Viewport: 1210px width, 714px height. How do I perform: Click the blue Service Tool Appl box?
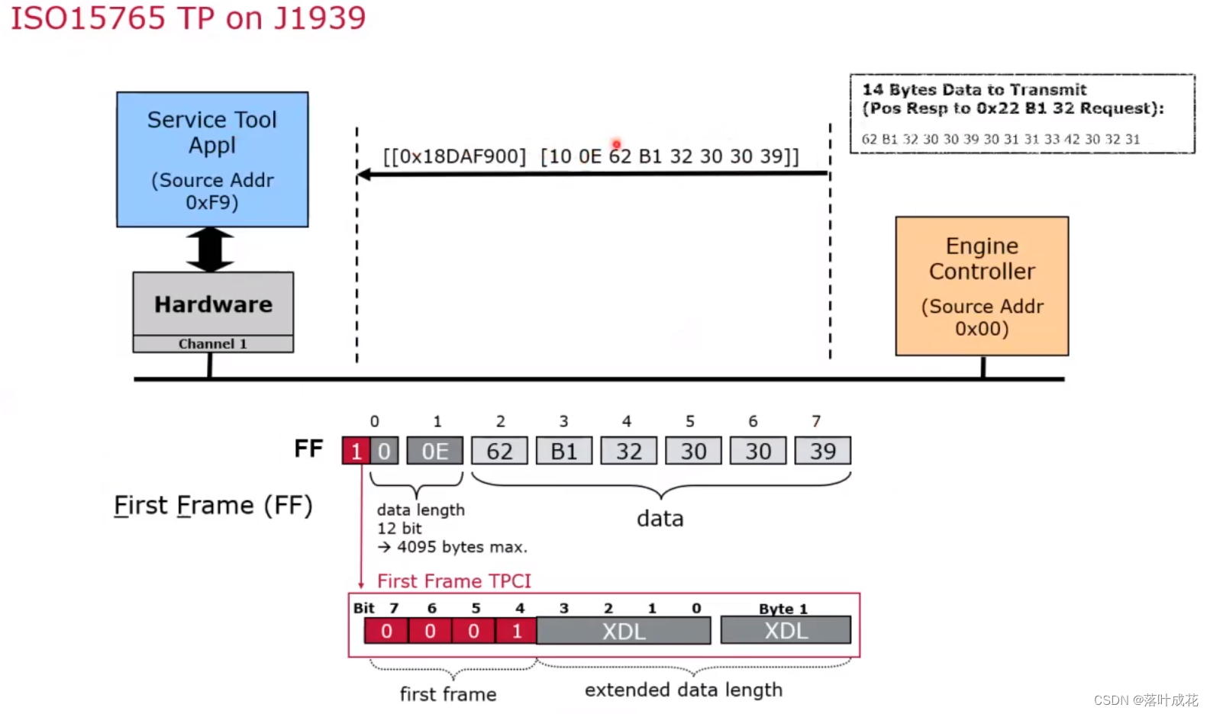click(212, 159)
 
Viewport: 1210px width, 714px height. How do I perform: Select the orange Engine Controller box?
click(982, 286)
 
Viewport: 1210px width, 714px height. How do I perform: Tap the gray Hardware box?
click(213, 304)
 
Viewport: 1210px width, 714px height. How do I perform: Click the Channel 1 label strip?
click(213, 344)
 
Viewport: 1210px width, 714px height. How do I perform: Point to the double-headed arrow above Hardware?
click(211, 249)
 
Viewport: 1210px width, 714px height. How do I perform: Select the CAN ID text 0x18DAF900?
click(455, 156)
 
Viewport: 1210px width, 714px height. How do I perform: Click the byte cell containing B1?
click(563, 451)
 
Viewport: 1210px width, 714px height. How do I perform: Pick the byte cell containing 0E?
click(434, 451)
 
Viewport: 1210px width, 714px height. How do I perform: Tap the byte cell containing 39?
click(822, 451)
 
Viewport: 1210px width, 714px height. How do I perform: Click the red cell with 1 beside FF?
click(356, 451)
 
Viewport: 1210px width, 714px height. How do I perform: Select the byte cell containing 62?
click(499, 451)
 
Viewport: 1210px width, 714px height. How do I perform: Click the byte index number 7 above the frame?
click(816, 421)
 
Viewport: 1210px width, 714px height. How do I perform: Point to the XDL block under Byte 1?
click(786, 631)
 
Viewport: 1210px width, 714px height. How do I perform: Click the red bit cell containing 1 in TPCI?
click(517, 631)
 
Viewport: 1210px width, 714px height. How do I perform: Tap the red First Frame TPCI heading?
click(454, 581)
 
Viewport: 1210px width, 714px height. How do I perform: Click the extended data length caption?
click(683, 690)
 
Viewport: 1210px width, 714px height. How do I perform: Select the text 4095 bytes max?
click(461, 547)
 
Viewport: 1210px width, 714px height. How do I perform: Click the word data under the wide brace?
click(660, 519)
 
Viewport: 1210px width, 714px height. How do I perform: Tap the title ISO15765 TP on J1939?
click(189, 18)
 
